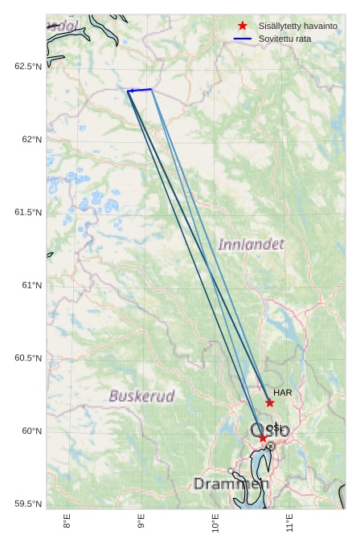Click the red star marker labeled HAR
point(270,403)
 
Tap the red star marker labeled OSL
point(263,438)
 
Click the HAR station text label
point(282,392)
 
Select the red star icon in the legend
point(243,26)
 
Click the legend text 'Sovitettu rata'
point(284,39)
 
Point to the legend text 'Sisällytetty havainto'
point(297,26)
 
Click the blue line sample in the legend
point(243,39)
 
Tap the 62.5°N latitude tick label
point(28,66)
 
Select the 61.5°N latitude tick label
point(28,212)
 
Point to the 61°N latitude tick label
point(31,285)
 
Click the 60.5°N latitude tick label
point(28,358)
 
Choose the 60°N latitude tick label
point(31,431)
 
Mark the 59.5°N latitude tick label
point(28,504)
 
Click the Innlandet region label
point(251,243)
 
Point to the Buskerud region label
point(142,396)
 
